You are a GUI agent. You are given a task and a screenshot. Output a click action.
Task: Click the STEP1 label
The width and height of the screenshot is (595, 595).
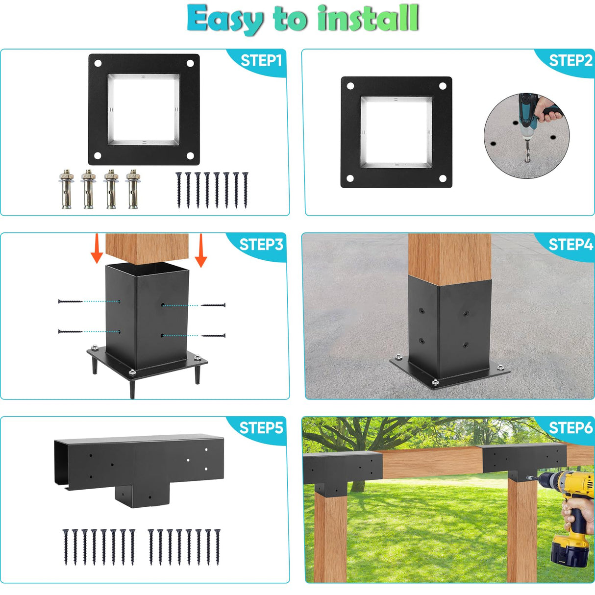(261, 61)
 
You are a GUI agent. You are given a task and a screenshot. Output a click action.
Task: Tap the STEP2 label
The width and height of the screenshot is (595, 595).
(570, 61)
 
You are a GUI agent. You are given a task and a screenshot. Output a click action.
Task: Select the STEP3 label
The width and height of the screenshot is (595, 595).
(261, 245)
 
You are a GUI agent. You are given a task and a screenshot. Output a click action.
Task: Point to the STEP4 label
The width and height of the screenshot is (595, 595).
(570, 245)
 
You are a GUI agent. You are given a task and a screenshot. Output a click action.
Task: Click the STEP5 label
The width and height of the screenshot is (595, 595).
(261, 428)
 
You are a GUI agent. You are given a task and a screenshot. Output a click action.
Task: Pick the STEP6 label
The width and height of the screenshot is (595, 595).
(570, 428)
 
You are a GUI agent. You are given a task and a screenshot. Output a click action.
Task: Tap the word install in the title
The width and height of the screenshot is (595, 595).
(368, 19)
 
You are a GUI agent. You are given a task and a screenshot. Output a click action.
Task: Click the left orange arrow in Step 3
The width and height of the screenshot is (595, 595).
(97, 249)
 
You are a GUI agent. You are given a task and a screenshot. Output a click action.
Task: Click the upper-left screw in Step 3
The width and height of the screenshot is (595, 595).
(70, 301)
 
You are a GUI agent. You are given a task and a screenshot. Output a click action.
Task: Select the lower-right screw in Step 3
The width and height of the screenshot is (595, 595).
(214, 336)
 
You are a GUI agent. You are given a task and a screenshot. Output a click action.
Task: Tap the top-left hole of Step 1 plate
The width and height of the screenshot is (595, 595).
(98, 63)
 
